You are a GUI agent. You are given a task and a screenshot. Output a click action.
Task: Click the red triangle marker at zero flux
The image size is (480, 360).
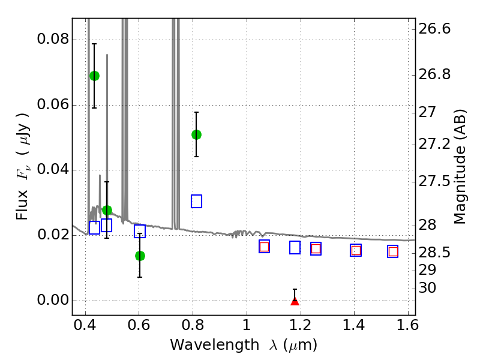pyautogui.click(x=295, y=301)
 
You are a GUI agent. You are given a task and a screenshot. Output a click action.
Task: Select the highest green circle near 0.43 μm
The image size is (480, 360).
pyautogui.click(x=94, y=76)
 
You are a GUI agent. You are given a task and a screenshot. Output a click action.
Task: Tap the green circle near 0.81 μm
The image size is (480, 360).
pyautogui.click(x=196, y=134)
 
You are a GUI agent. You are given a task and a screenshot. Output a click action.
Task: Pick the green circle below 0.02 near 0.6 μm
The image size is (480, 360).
pyautogui.click(x=140, y=256)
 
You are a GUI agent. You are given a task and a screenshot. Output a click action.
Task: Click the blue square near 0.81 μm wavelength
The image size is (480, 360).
pyautogui.click(x=196, y=202)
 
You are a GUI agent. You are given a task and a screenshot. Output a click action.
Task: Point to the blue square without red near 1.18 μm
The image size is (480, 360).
pyautogui.click(x=295, y=247)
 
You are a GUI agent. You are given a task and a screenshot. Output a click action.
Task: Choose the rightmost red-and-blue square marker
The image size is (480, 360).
pyautogui.click(x=393, y=251)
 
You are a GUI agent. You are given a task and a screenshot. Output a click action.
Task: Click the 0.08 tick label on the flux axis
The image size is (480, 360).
pyautogui.click(x=53, y=39)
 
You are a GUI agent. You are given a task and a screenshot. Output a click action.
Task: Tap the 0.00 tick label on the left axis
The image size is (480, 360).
pyautogui.click(x=53, y=300)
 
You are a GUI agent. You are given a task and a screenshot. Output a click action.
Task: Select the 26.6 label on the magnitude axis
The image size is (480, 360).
pyautogui.click(x=434, y=29)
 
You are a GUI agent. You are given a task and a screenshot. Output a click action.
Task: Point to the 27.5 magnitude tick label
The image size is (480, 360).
pyautogui.click(x=434, y=182)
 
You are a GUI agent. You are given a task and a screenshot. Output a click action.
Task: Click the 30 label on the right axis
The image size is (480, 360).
pyautogui.click(x=427, y=288)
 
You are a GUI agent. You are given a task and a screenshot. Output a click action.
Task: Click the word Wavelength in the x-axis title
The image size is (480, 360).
pyautogui.click(x=215, y=345)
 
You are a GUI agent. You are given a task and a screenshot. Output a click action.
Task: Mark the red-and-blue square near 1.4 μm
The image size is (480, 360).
pyautogui.click(x=356, y=250)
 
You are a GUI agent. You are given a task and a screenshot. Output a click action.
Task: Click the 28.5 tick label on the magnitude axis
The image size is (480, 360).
pyautogui.click(x=434, y=253)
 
